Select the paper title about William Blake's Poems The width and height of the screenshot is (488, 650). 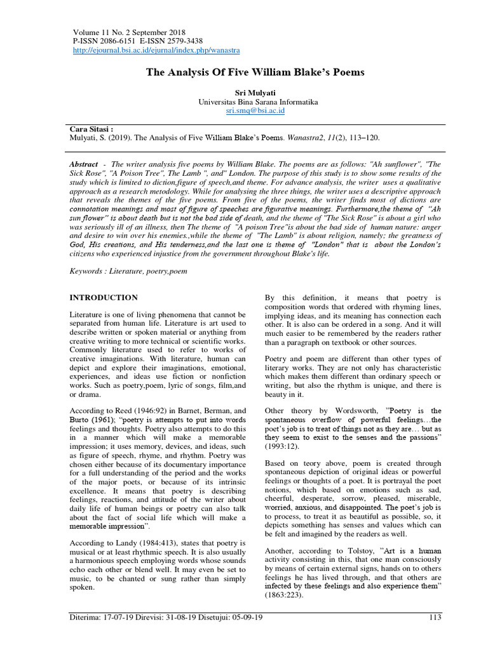tap(255, 72)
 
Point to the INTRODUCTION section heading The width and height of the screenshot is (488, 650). tap(104, 297)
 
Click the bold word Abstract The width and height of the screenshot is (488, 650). tap(84, 164)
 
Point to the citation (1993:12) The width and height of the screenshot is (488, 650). tap(282, 446)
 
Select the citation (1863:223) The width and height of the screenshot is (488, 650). tap(282, 596)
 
